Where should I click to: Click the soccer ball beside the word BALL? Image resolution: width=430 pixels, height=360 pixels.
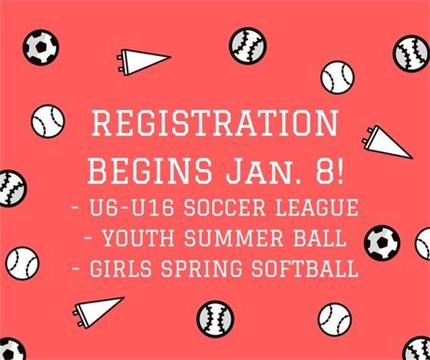pos(382,242)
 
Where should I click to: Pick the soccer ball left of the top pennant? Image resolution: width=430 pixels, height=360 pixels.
pos(40,48)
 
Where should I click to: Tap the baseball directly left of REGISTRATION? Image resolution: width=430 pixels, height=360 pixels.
pos(48,121)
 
